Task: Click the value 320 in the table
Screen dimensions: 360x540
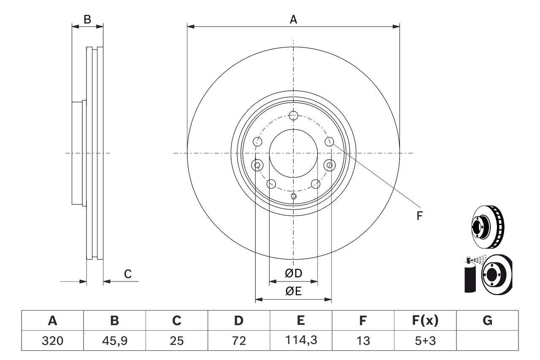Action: (x=52, y=341)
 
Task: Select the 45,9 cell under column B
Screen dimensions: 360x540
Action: (x=114, y=341)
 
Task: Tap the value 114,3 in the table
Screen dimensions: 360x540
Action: (x=300, y=341)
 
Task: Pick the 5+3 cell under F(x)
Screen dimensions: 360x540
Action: (x=425, y=341)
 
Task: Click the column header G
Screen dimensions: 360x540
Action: (x=487, y=321)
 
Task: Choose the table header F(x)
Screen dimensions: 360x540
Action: (x=425, y=321)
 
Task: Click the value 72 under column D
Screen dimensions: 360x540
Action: (x=238, y=341)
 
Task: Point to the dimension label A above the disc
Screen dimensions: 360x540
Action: (x=293, y=19)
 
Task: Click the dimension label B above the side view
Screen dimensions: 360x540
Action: (x=87, y=19)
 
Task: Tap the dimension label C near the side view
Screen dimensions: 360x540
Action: (x=128, y=274)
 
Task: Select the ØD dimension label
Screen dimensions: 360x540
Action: (x=294, y=273)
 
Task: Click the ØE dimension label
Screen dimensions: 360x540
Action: (x=294, y=291)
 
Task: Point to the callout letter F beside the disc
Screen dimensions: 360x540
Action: (x=419, y=216)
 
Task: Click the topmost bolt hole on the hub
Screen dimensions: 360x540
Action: (x=294, y=115)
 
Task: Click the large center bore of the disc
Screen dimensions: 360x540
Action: (x=293, y=153)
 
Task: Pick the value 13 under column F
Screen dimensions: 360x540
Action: (x=363, y=341)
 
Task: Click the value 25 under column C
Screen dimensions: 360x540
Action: (x=176, y=341)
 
